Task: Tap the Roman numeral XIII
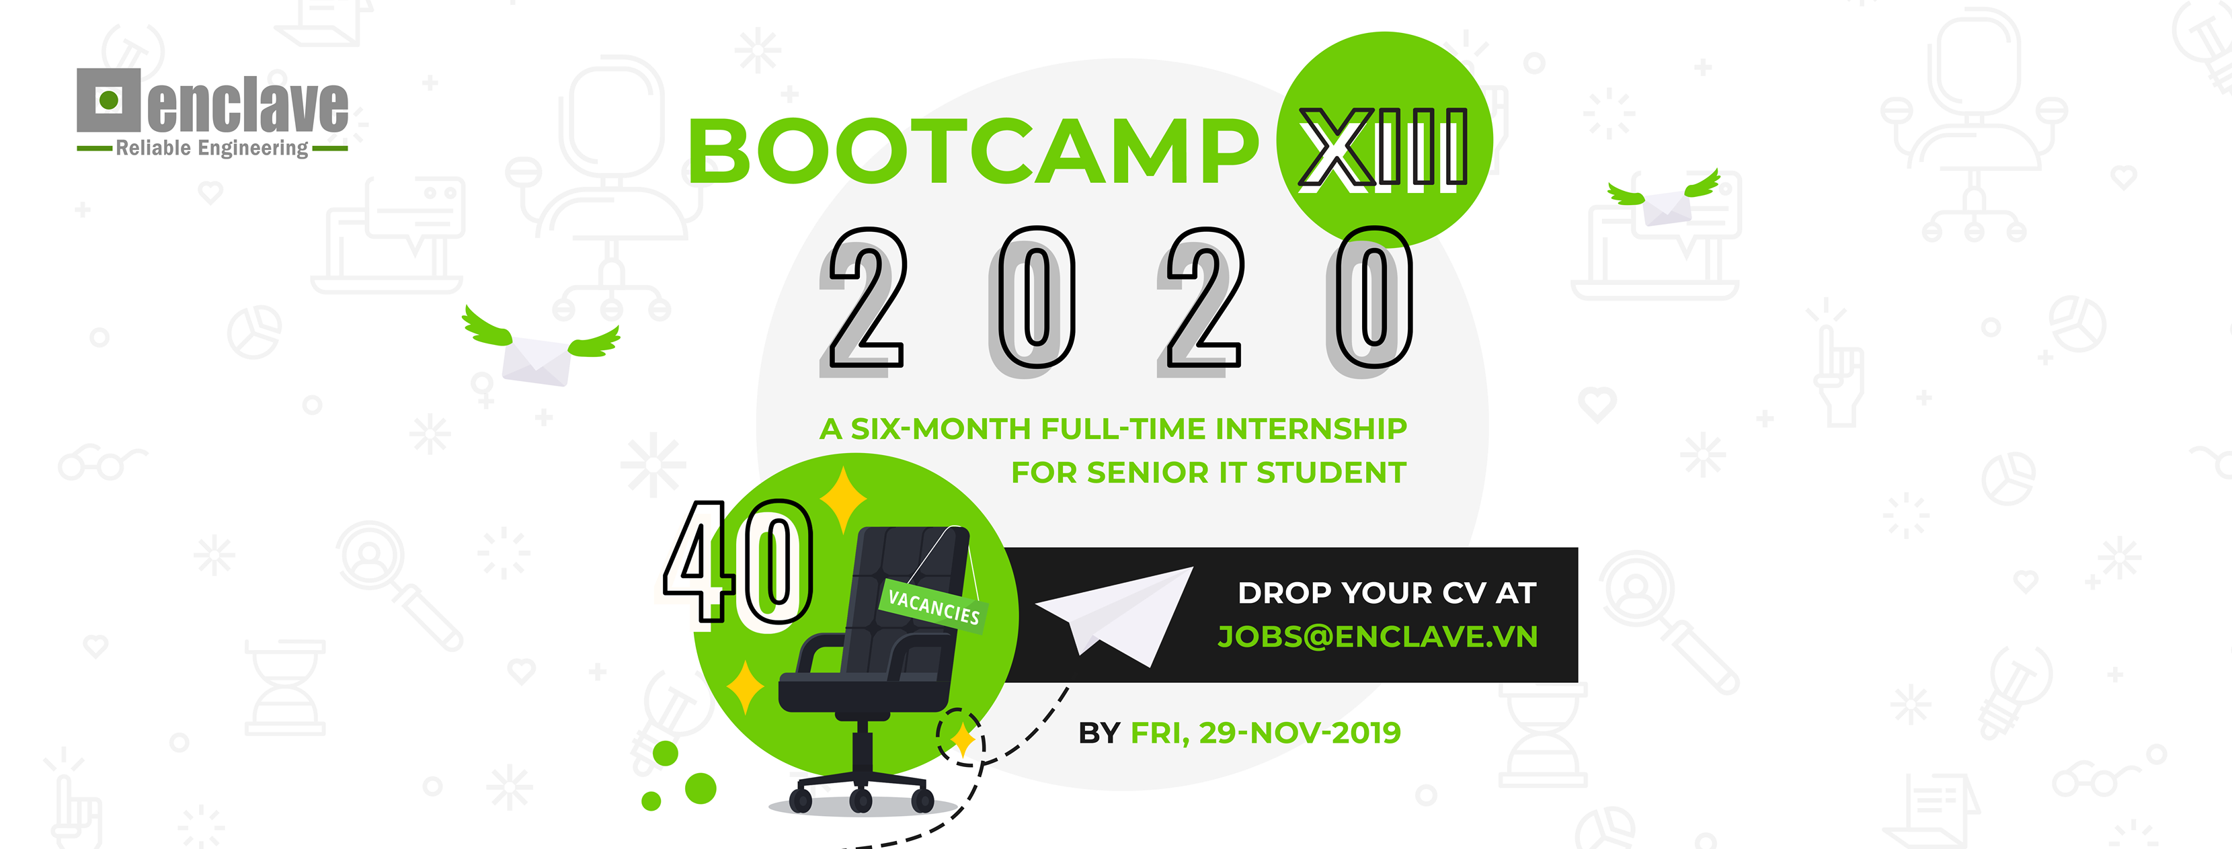(1384, 148)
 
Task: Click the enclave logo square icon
(108, 99)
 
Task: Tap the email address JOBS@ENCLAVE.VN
(1378, 637)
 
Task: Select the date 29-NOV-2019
(1300, 733)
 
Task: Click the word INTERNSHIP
(1311, 429)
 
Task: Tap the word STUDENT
(1331, 473)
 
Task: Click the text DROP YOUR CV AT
(1386, 594)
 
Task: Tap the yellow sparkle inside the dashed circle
(962, 739)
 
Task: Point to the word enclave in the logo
(248, 105)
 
